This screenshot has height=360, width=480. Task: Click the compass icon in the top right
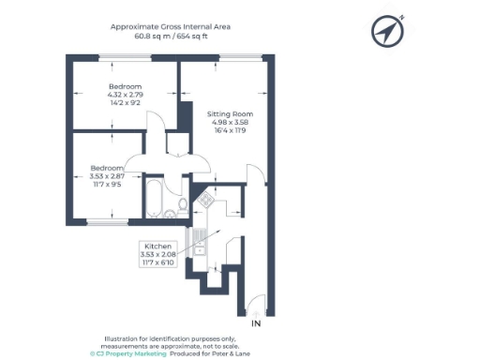[x=386, y=32]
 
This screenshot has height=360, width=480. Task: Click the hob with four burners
[x=203, y=200]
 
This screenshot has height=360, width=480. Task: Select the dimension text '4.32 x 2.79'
[x=124, y=97]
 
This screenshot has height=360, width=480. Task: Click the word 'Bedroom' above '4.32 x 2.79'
[x=124, y=87]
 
